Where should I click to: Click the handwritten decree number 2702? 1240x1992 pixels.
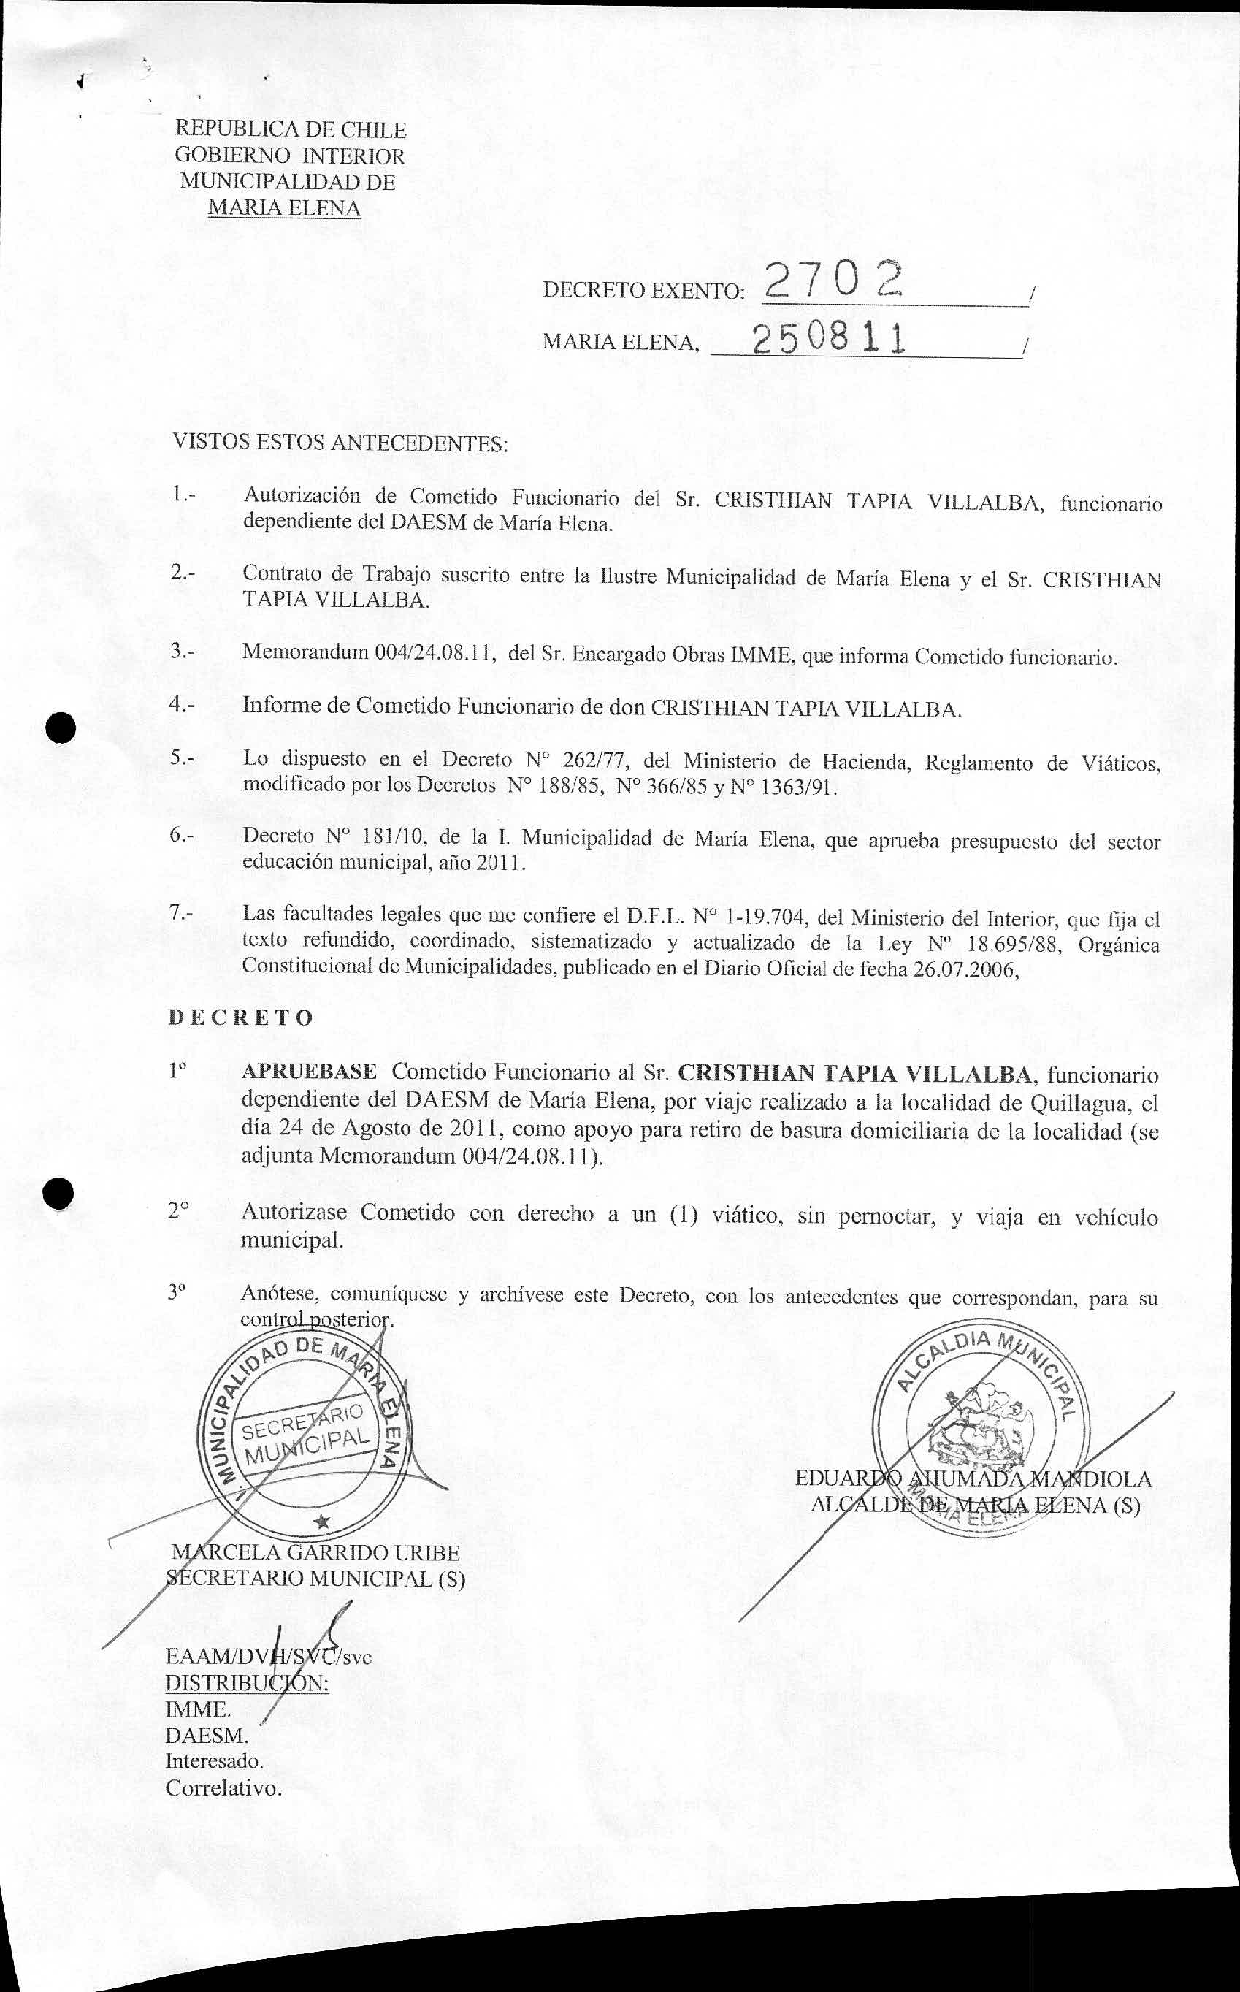click(x=829, y=283)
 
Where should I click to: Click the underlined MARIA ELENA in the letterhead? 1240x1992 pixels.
click(x=284, y=208)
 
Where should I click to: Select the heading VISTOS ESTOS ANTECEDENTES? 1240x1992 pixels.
click(x=340, y=443)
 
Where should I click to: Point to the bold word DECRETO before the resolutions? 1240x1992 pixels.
click(x=240, y=1018)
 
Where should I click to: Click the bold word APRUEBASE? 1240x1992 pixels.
click(x=309, y=1072)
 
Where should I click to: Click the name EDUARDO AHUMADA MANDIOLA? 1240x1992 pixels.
click(x=973, y=1478)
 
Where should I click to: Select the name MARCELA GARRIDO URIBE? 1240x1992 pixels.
click(x=315, y=1552)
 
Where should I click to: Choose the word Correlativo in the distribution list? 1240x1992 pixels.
click(x=223, y=1787)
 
